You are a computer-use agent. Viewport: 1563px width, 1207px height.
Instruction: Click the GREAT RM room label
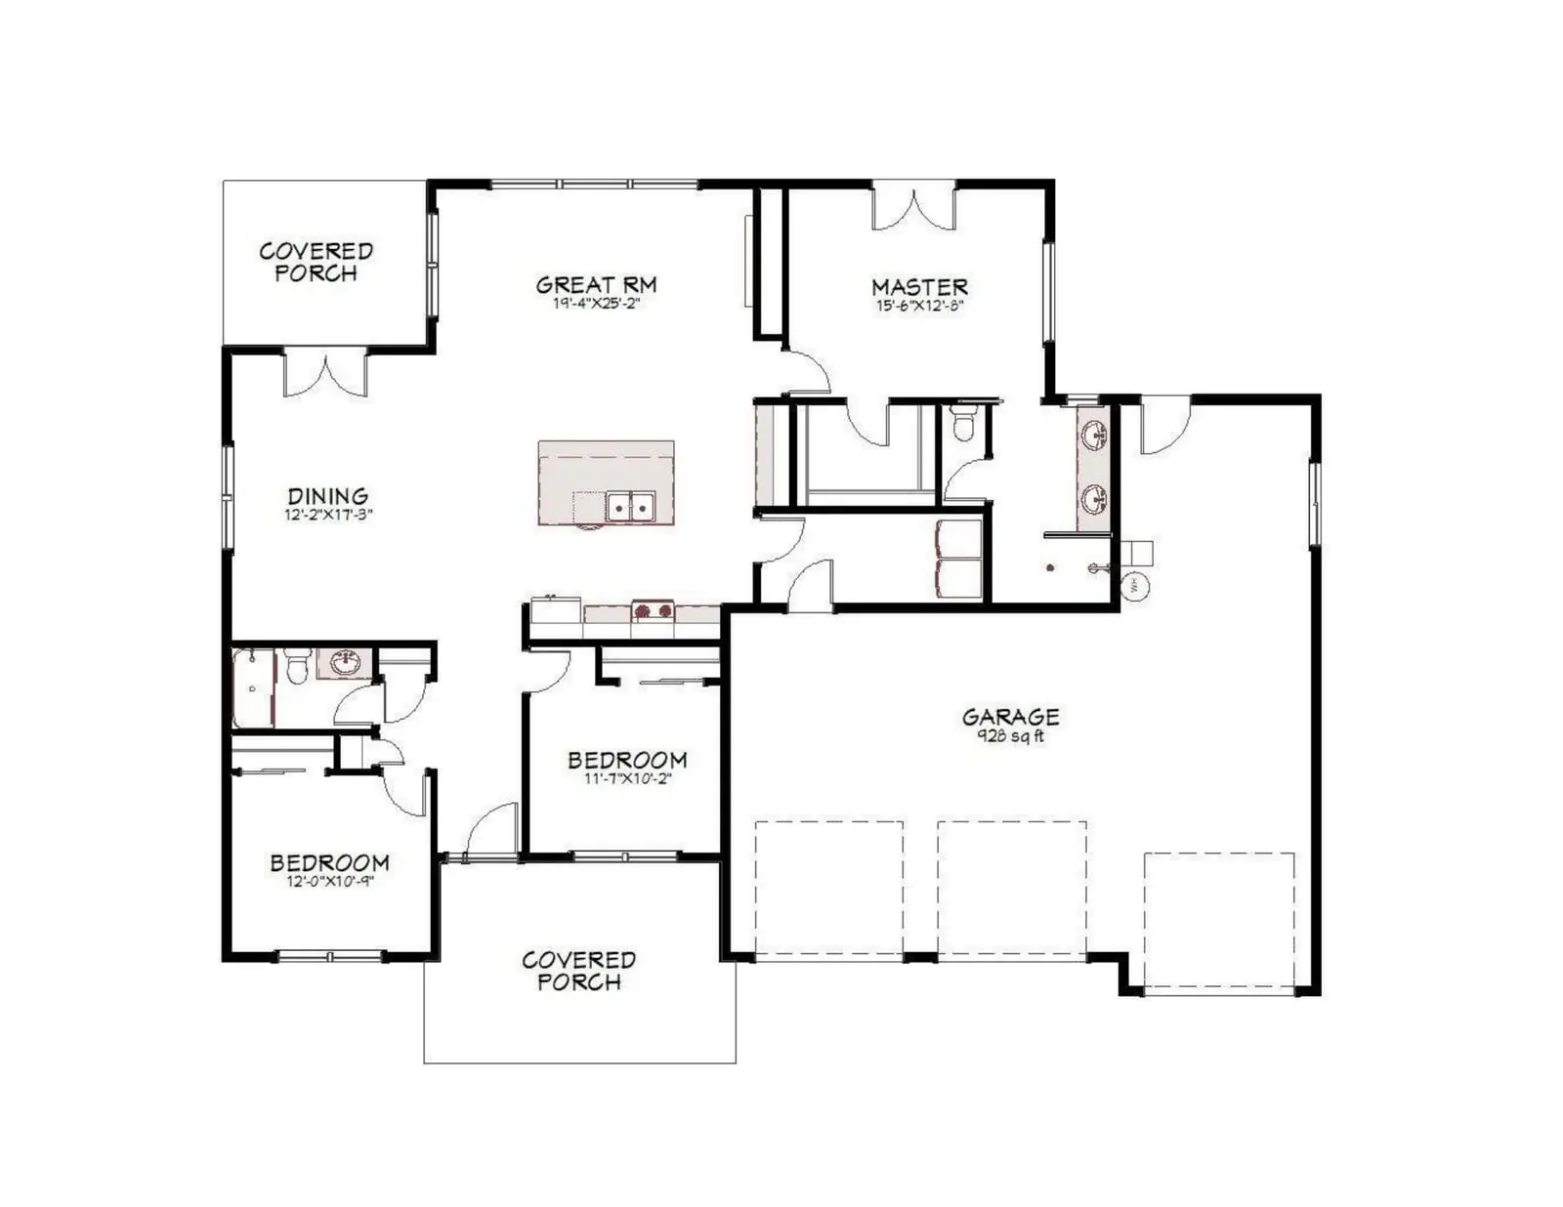tap(596, 285)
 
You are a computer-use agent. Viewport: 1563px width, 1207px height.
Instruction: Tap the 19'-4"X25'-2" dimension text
tap(596, 304)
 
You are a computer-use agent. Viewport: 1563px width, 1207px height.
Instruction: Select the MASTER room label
tap(919, 287)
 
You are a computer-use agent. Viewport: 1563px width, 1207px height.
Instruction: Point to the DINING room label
tap(328, 495)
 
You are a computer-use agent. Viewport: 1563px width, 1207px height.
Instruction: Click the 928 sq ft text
tap(1010, 735)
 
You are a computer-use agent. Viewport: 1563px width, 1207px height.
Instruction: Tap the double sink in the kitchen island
tap(630, 506)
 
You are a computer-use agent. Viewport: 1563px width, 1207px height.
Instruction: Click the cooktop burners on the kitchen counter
tap(653, 610)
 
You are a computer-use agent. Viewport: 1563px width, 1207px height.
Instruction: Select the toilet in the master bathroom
tap(962, 422)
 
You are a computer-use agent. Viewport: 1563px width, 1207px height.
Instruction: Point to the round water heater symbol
tap(1134, 587)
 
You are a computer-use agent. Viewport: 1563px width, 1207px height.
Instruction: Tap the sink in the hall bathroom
tap(346, 662)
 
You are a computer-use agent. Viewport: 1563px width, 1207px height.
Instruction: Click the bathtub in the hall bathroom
tap(252, 687)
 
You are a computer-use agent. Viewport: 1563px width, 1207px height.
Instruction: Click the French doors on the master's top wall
tap(913, 208)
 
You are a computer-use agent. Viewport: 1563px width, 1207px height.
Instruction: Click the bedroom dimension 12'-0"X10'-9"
tap(329, 881)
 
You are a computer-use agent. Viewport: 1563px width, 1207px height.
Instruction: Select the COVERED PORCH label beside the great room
tap(316, 262)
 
